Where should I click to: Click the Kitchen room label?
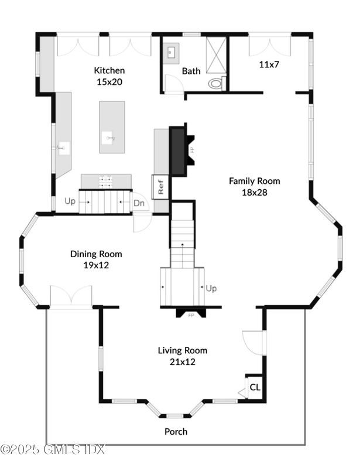pyautogui.click(x=109, y=70)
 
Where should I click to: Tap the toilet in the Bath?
pyautogui.click(x=217, y=83)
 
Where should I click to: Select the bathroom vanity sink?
pyautogui.click(x=171, y=53)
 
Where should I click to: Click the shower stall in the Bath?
pyautogui.click(x=216, y=55)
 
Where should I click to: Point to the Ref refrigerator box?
pyautogui.click(x=161, y=186)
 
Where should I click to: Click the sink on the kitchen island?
pyautogui.click(x=107, y=138)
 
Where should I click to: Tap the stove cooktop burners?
pyautogui.click(x=106, y=182)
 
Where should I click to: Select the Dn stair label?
pyautogui.click(x=139, y=203)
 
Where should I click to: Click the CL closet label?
pyautogui.click(x=255, y=387)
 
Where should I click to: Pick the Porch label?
pyautogui.click(x=176, y=432)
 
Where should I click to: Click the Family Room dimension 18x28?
pyautogui.click(x=255, y=192)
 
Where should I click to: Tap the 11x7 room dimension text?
pyautogui.click(x=269, y=64)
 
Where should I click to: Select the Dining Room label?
pyautogui.click(x=96, y=254)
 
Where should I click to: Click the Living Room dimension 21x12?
pyautogui.click(x=183, y=361)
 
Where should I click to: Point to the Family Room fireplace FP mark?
pyautogui.click(x=192, y=149)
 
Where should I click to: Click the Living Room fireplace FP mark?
pyautogui.click(x=191, y=315)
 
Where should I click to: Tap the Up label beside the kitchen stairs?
pyautogui.click(x=70, y=202)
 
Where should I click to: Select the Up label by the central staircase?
pyautogui.click(x=211, y=288)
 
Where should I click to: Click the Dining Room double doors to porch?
pyautogui.click(x=71, y=296)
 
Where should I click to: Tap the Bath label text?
pyautogui.click(x=191, y=71)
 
